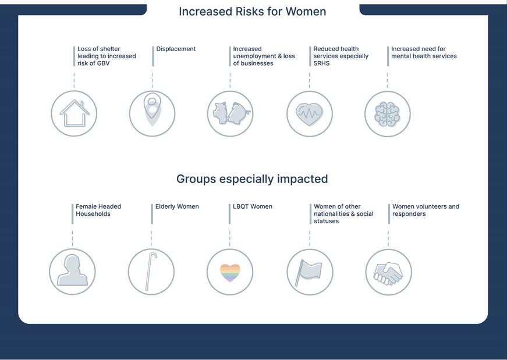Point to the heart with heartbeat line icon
(310, 114)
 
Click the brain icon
(387, 114)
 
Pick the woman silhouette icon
(72, 270)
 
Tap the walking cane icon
(151, 272)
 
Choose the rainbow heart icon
(230, 273)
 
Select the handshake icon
(388, 273)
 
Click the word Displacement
(176, 49)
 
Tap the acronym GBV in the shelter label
(103, 63)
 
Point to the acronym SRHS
(321, 63)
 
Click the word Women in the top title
(306, 12)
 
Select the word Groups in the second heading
(196, 179)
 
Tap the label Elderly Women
(177, 206)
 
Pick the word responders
(409, 214)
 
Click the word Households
(93, 214)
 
